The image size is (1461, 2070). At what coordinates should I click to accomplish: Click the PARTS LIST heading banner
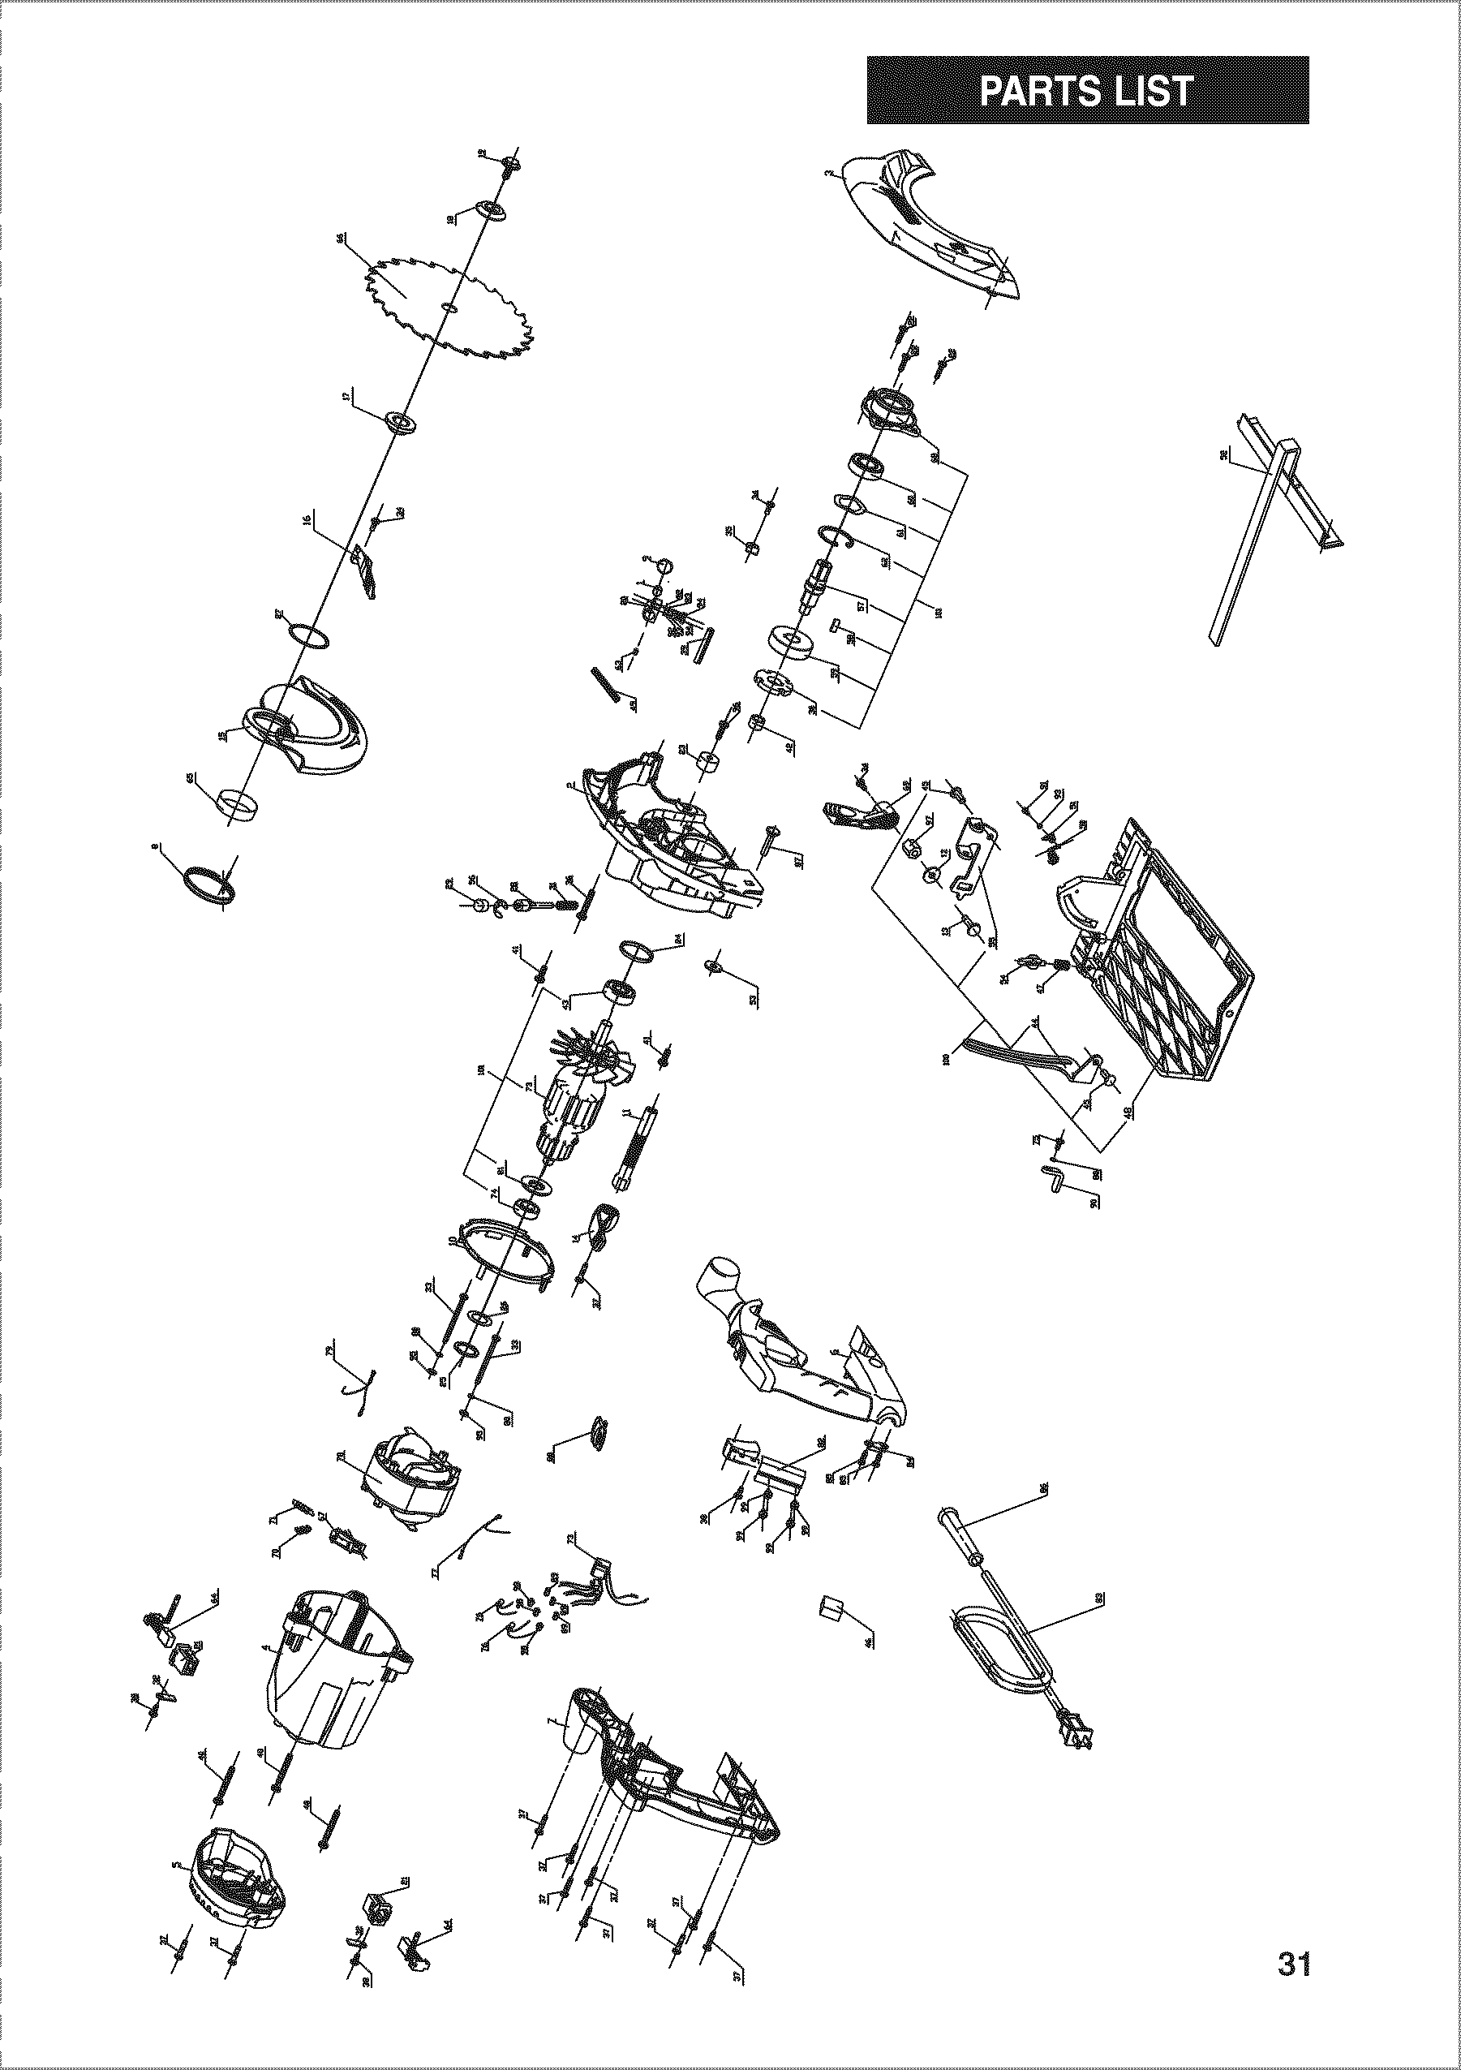pyautogui.click(x=1087, y=90)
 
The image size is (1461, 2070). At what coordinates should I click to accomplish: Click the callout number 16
pyautogui.click(x=307, y=520)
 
